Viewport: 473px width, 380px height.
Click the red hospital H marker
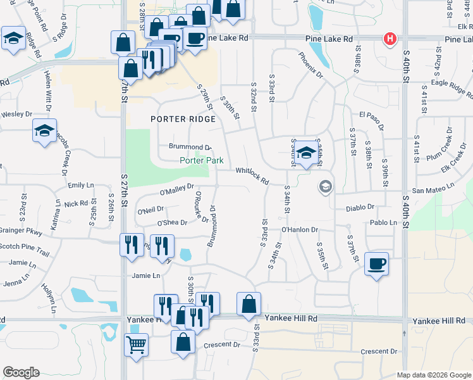390,39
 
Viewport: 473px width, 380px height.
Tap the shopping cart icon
137,346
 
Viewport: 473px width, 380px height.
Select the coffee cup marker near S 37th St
377,263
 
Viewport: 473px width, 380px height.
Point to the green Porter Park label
201,161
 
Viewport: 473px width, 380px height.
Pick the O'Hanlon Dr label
299,229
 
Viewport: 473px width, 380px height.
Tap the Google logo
20,372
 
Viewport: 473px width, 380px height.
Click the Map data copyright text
434,375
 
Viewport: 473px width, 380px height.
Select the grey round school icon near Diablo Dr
326,186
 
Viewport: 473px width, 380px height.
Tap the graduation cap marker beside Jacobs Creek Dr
44,131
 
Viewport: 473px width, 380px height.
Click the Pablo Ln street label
384,222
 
